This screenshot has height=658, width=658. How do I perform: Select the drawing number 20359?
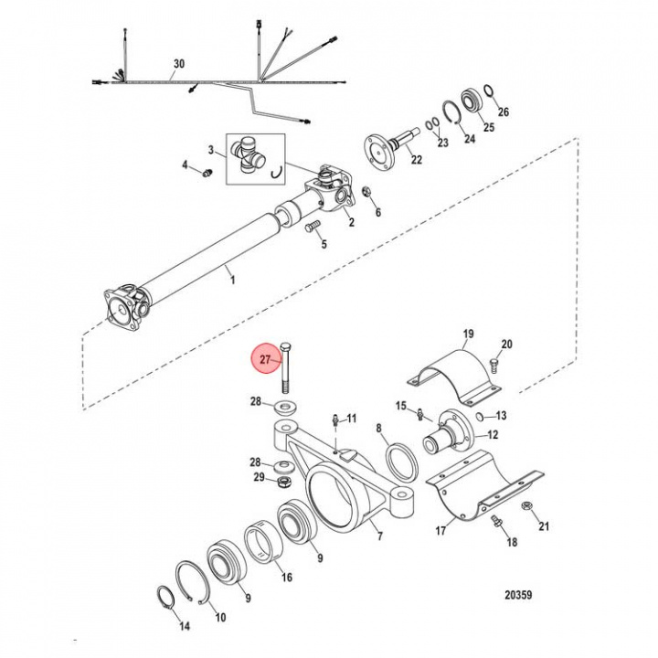pos(518,595)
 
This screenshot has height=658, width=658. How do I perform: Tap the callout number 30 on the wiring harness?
pos(178,65)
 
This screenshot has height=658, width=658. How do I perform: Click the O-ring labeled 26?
pos(489,90)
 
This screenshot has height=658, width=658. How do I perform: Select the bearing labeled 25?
pos(473,100)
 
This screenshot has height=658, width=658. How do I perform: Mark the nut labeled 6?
pos(365,193)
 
